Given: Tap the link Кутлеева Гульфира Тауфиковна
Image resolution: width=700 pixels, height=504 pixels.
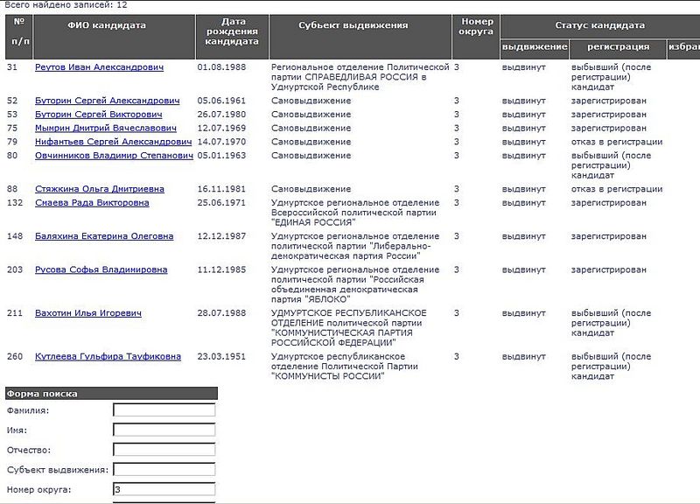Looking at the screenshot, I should [x=108, y=356].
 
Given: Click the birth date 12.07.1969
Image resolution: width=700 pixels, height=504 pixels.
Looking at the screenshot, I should [x=222, y=128].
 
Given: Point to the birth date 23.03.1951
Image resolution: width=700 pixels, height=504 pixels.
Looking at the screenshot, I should [x=222, y=356].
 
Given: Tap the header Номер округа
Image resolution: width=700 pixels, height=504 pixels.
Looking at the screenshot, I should [x=476, y=26].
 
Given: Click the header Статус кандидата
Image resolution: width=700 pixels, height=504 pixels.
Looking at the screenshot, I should [x=599, y=25].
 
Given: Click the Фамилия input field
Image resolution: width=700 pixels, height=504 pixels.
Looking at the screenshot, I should [x=164, y=409].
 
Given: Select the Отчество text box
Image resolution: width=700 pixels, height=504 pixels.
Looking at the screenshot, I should [x=164, y=450].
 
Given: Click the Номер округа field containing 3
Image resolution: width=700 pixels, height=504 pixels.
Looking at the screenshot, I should [x=164, y=489].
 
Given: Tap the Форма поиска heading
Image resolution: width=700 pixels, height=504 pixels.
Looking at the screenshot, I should [x=42, y=394].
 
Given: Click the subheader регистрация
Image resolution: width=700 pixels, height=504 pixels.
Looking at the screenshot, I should [x=618, y=46].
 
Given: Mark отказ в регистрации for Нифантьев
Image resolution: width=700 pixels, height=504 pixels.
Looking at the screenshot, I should [x=616, y=142].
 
